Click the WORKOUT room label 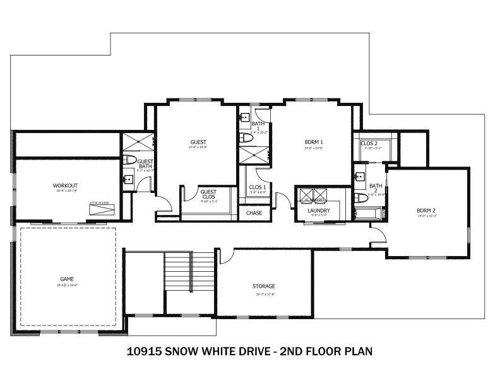click(64, 185)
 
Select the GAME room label click(67, 278)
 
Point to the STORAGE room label click(263, 286)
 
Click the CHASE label click(254, 213)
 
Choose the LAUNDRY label click(319, 210)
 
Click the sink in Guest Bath click(128, 179)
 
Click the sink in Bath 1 click(244, 117)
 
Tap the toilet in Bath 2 click(361, 198)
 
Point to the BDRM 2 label click(427, 210)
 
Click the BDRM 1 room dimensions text click(313, 149)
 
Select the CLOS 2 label click(369, 143)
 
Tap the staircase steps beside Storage click(190, 271)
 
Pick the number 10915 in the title click(145, 351)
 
